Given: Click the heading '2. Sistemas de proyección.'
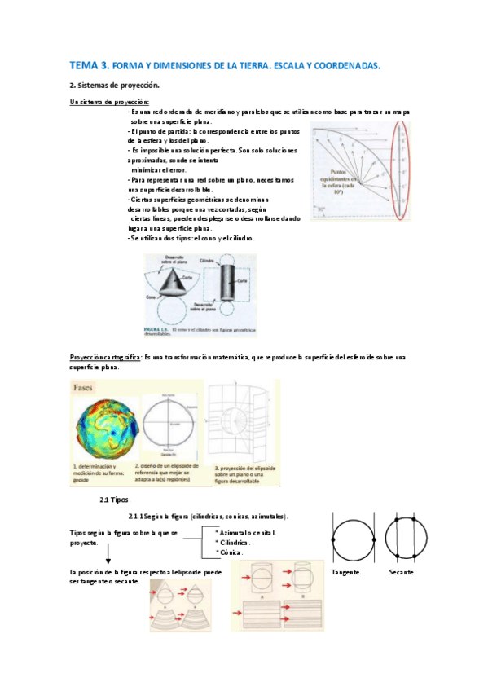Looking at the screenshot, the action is (114, 85).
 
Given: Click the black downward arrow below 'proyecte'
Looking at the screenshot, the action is (108, 557).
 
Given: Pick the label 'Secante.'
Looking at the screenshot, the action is (402, 572).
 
